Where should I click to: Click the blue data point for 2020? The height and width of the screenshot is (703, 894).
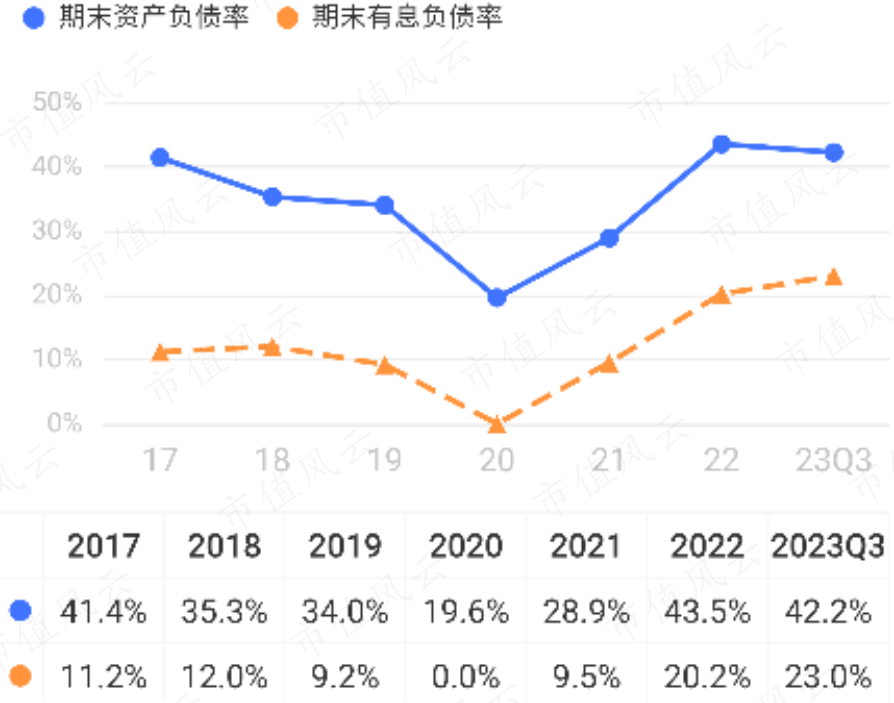[x=496, y=297]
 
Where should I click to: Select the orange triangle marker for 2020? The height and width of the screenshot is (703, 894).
[x=496, y=424]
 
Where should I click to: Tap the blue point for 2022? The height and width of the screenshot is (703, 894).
[x=721, y=144]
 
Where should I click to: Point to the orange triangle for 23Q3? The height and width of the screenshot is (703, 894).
[x=833, y=277]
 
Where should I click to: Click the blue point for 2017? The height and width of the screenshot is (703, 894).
[x=159, y=157]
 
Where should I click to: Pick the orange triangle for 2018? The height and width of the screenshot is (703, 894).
[x=272, y=347]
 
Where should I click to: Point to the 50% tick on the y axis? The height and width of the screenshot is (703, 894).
[x=57, y=102]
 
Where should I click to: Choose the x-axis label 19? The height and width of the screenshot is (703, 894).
[x=384, y=460]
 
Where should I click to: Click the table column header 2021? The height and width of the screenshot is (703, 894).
[x=586, y=546]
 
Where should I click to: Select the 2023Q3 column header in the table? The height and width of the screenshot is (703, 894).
[x=828, y=546]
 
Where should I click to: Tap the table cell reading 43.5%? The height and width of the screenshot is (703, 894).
[x=707, y=612]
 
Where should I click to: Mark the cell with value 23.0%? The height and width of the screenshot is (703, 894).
[x=828, y=677]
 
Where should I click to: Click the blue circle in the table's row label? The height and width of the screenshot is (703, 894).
[x=20, y=610]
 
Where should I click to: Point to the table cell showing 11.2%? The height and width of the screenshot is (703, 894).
[x=103, y=677]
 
